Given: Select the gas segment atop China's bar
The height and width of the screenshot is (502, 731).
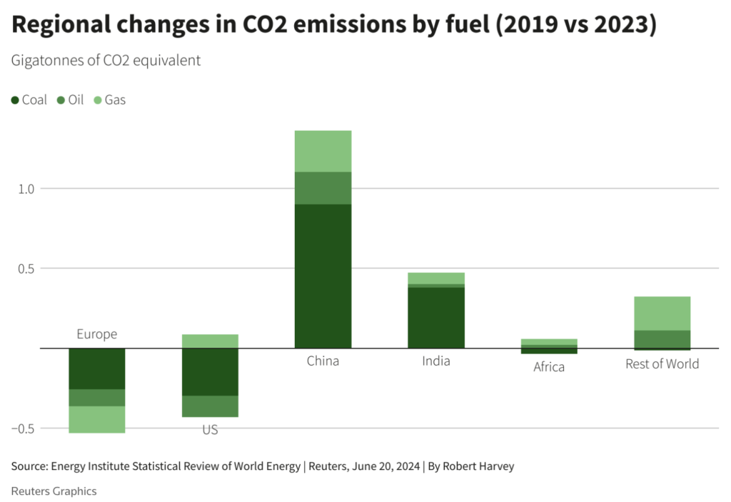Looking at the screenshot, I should click(x=323, y=151).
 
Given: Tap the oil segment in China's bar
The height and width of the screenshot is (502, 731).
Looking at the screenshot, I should click(x=323, y=188).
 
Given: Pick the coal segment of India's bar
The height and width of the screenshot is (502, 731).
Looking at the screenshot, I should click(x=435, y=317).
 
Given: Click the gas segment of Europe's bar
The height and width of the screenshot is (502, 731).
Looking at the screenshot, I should click(x=96, y=419).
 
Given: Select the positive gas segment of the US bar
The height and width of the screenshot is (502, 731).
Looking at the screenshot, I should click(x=210, y=341).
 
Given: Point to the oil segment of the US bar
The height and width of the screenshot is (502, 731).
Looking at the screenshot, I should click(x=210, y=406).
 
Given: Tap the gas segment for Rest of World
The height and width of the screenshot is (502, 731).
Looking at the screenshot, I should click(x=662, y=313).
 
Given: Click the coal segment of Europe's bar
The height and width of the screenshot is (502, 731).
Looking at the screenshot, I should click(x=96, y=368).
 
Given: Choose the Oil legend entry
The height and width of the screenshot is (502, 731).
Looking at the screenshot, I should click(x=70, y=100).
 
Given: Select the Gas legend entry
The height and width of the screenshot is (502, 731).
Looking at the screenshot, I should click(x=109, y=100).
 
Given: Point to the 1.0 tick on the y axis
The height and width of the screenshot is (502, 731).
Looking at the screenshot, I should click(x=26, y=189).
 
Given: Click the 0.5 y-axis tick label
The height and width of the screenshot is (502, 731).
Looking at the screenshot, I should click(x=26, y=268).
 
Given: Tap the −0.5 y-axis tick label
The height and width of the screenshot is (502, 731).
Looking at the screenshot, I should click(x=24, y=428).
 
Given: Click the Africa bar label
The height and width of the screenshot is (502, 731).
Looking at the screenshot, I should click(x=548, y=367).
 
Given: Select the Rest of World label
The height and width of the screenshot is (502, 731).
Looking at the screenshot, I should click(x=662, y=363).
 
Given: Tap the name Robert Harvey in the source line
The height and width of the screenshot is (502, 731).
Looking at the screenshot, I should click(x=478, y=466).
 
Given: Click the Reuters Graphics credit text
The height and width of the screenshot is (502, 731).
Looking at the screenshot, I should click(x=54, y=491).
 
